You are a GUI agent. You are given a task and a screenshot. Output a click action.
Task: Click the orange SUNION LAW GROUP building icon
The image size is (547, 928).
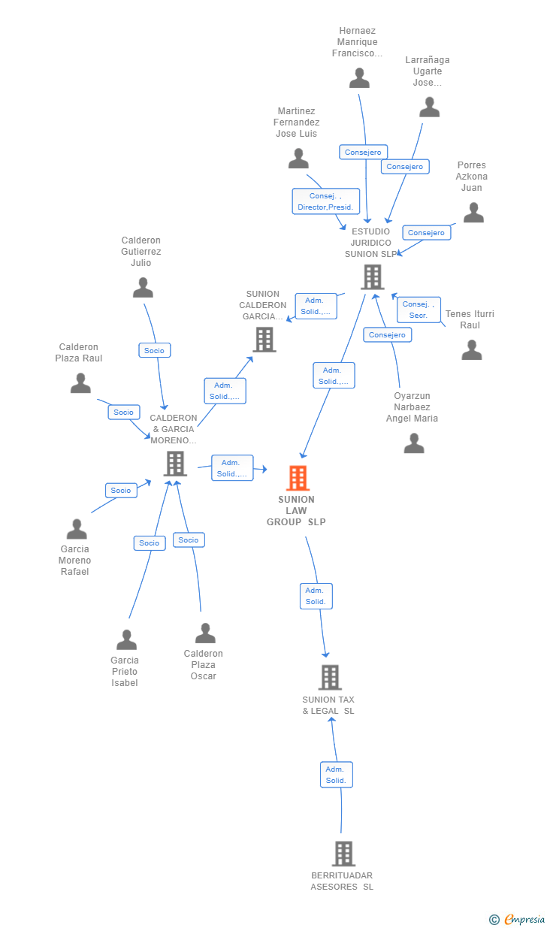point(298,478)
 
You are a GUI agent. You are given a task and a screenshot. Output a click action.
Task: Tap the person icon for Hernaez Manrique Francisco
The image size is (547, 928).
point(359,78)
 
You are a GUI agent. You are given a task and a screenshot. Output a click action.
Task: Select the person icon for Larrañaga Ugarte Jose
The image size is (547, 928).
point(429,107)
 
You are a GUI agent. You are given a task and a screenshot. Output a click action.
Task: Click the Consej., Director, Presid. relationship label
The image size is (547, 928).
point(325,201)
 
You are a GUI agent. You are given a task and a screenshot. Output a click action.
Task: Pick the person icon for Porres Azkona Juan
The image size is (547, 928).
point(473,213)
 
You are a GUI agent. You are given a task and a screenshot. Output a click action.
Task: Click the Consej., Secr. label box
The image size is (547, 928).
point(419,310)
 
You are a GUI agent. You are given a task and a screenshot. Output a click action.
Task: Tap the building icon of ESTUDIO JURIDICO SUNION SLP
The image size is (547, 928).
point(373,277)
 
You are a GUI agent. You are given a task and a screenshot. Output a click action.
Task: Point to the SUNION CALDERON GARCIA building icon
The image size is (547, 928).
point(264,340)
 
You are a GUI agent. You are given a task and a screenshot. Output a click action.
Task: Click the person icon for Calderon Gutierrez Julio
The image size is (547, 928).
point(143,288)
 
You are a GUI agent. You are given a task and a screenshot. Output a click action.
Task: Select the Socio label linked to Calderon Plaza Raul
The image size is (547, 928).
point(124,413)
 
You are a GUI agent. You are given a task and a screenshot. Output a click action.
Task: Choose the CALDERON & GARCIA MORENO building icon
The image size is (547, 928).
point(175,464)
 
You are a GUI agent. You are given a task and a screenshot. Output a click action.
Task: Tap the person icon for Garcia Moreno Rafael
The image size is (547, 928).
point(77,529)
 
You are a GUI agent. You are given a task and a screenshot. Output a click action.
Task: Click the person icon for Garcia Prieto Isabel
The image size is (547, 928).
point(126,639)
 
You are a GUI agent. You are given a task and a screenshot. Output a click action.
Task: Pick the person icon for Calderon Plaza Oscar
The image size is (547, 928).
point(205,633)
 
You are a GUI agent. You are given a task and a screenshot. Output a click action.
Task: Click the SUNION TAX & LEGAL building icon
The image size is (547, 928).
point(331,677)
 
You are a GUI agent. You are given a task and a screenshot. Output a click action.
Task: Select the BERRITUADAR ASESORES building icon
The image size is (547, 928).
point(343,854)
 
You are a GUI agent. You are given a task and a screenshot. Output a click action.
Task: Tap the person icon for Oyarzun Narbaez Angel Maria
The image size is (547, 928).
point(414,443)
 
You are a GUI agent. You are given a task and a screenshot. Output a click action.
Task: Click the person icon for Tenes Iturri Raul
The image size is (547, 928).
point(472,350)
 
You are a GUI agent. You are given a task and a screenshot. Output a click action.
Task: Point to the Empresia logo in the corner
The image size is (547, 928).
point(517,920)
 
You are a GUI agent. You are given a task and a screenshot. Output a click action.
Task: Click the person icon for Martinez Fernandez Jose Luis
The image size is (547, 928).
point(298,159)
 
